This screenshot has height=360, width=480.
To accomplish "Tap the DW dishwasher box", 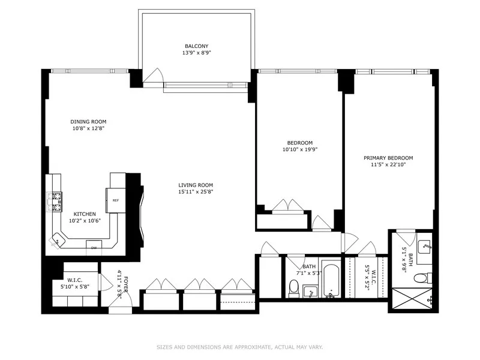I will (x=94, y=247).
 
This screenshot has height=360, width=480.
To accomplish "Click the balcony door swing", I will (x=155, y=76).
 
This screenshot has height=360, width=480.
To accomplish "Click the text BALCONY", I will (x=197, y=46).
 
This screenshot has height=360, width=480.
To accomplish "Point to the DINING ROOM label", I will (x=88, y=122).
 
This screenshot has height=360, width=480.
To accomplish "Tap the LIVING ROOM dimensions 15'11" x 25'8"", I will (x=196, y=192).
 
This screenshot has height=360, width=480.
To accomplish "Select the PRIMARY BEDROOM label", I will (x=388, y=158).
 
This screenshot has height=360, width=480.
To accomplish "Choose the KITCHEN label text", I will (x=85, y=214).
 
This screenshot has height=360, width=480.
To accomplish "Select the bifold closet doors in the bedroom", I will (x=288, y=206).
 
